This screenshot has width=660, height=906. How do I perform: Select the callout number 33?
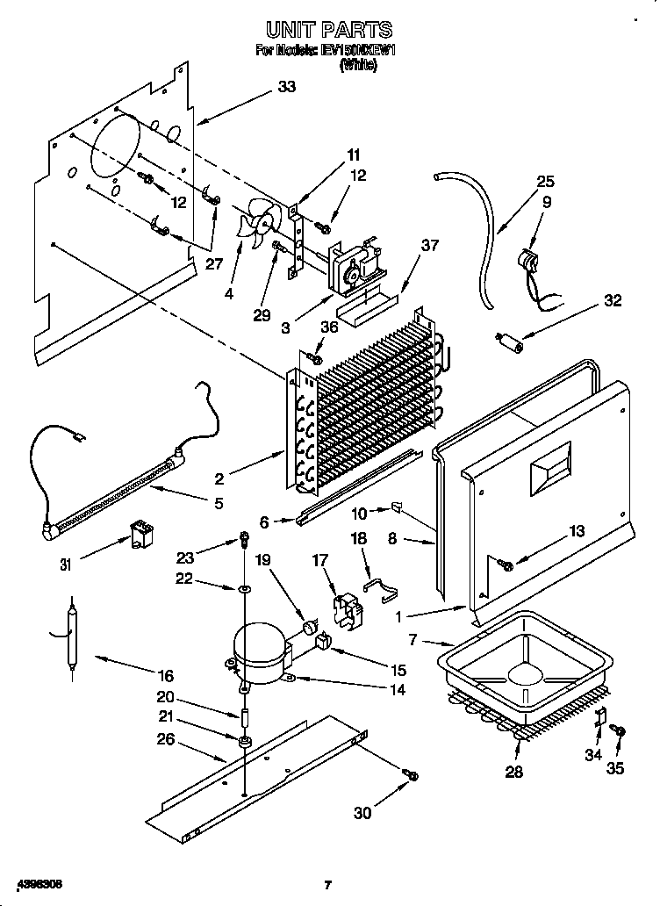[286, 86]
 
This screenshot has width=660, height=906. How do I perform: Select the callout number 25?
[546, 182]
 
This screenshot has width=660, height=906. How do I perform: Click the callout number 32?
[612, 301]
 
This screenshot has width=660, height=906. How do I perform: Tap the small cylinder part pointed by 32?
[510, 342]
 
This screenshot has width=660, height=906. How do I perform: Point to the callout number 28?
[513, 772]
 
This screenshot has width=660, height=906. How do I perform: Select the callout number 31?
[64, 564]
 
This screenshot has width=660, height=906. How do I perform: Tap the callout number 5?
[218, 503]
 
